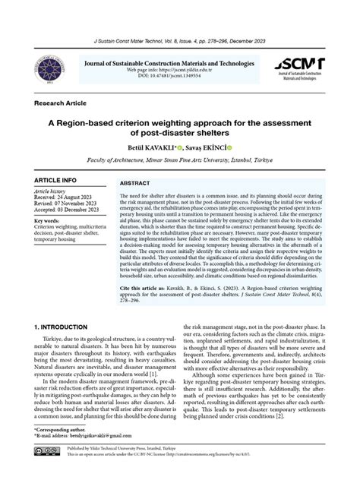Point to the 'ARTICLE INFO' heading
pyautogui.click(x=55, y=180)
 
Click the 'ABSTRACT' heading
pyautogui.click(x=135, y=184)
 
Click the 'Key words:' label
pyautogui.click(x=47, y=221)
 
